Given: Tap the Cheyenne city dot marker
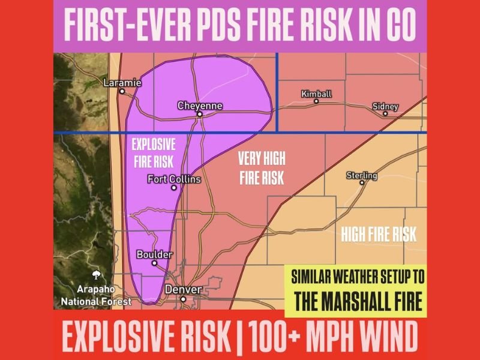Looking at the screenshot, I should tap(200, 113).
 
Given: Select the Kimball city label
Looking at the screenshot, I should tap(316, 94).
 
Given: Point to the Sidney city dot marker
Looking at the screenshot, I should tap(385, 113).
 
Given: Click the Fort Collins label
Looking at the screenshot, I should tap(174, 179).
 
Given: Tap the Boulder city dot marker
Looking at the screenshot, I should tap(154, 263).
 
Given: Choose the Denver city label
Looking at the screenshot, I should tap(183, 289).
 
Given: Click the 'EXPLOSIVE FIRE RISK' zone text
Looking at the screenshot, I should tap(153, 153).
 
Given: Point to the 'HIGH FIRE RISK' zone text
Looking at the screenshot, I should tap(379, 235).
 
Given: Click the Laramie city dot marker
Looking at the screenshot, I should tap(122, 92).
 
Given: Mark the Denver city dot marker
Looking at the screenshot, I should tap(183, 298).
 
